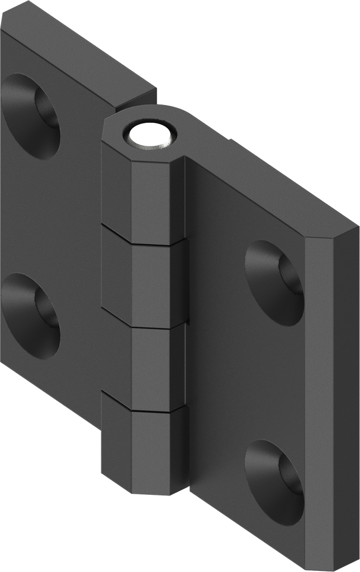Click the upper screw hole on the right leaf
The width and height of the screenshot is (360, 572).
coord(276,283)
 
